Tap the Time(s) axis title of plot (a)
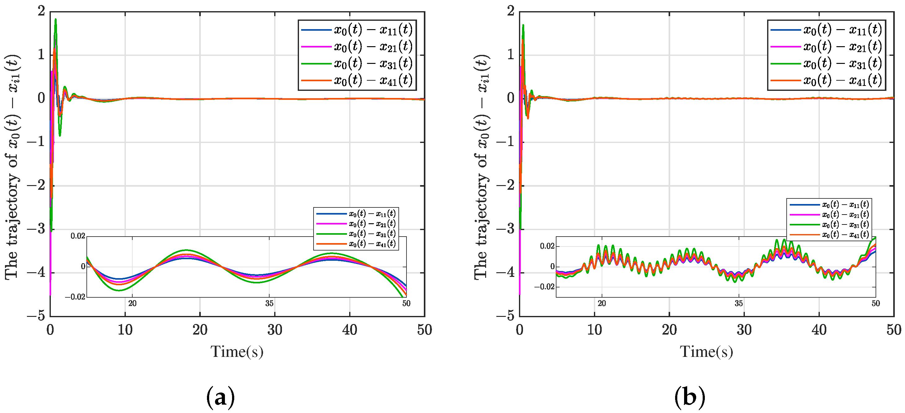tap(237, 352)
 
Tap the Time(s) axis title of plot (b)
tap(706, 352)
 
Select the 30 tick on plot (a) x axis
tap(275, 330)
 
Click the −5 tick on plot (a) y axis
tap(37, 316)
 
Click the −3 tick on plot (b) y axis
tap(506, 229)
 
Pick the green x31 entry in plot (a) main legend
tap(357, 64)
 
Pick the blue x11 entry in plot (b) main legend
tap(826, 30)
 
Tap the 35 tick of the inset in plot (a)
tap(269, 303)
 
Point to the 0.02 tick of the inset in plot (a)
tap(78, 236)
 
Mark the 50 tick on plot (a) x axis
tap(424, 330)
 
